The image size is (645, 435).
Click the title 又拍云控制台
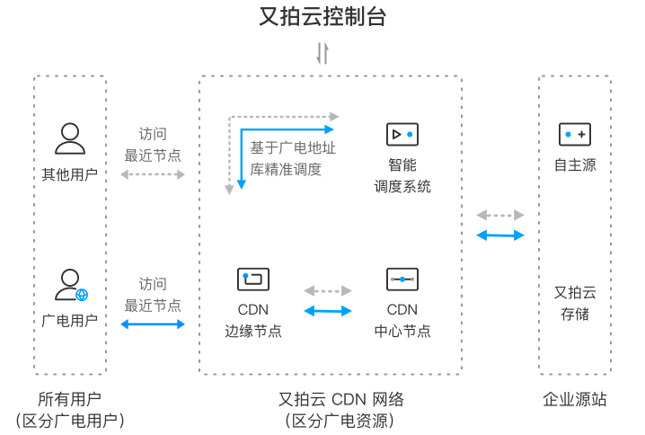pyautogui.click(x=322, y=16)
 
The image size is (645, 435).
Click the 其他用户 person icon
pyautogui.click(x=69, y=138)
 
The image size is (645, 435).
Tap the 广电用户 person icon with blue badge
pyautogui.click(x=69, y=285)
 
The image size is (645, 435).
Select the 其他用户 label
pyautogui.click(x=69, y=173)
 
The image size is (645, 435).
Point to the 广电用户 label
pyautogui.click(x=69, y=320)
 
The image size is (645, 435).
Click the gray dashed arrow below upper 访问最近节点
pyautogui.click(x=152, y=174)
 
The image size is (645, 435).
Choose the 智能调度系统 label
pyautogui.click(x=402, y=176)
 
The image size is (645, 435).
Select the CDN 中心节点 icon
pyautogui.click(x=402, y=280)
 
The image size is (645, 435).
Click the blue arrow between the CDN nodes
pyautogui.click(x=328, y=311)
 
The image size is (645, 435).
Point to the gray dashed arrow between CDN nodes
pyautogui.click(x=328, y=291)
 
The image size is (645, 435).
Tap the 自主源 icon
pyautogui.click(x=574, y=135)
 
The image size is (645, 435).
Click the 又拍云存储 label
pyautogui.click(x=574, y=303)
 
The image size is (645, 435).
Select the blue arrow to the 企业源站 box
pyautogui.click(x=500, y=235)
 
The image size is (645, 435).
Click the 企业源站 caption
pyautogui.click(x=574, y=400)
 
